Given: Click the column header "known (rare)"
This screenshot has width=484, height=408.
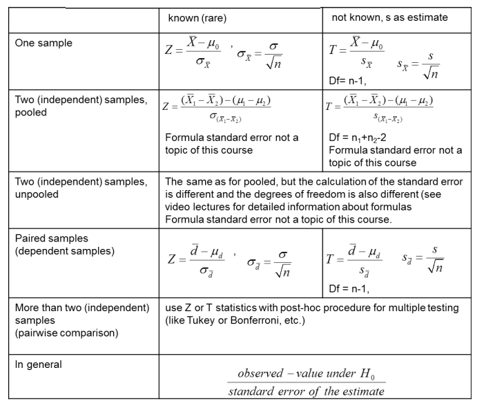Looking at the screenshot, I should [197, 18].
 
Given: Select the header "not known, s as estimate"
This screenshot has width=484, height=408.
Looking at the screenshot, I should [389, 18].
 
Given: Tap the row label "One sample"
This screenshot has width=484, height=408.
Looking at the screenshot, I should [43, 42].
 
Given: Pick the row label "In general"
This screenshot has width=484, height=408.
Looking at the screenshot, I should [39, 364].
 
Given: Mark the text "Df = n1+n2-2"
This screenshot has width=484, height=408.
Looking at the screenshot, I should [360, 138].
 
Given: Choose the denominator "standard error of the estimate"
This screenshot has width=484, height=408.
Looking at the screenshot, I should [307, 391].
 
